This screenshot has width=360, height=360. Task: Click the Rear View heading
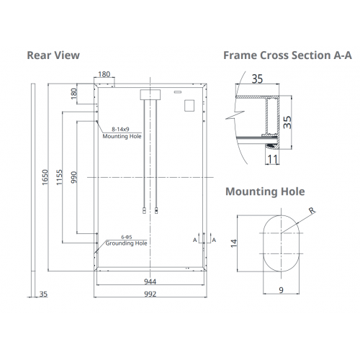(x=53, y=55)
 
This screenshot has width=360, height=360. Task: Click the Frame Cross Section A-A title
(x=287, y=55)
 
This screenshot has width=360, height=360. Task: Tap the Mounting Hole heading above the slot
(x=265, y=192)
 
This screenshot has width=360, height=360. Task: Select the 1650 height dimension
(x=45, y=177)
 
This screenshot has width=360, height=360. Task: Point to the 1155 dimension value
(x=59, y=177)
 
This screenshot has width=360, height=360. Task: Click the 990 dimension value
(x=74, y=177)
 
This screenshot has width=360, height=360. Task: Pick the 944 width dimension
(x=150, y=282)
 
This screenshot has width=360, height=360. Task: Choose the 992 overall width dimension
(x=150, y=294)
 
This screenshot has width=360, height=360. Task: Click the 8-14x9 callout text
(x=120, y=129)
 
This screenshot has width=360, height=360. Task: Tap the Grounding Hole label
(x=126, y=243)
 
